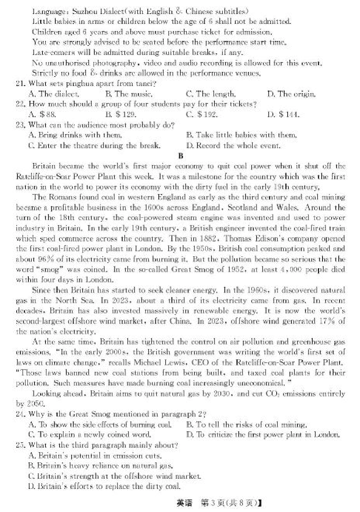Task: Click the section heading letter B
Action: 180,156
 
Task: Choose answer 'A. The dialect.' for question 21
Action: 54,94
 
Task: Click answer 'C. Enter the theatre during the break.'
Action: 94,146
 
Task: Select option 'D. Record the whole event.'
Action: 233,146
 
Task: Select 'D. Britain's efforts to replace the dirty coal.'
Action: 104,486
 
